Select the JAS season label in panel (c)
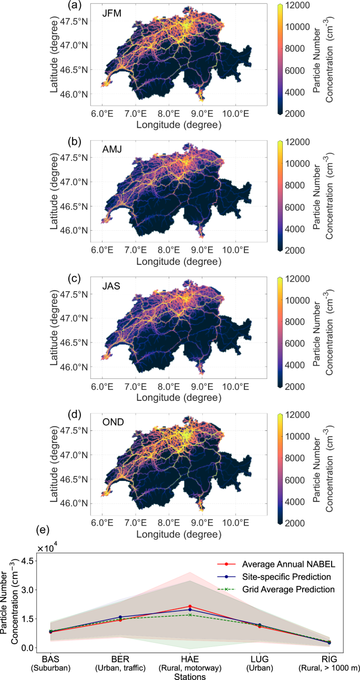(x=111, y=285)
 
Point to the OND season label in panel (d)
(x=112, y=422)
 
